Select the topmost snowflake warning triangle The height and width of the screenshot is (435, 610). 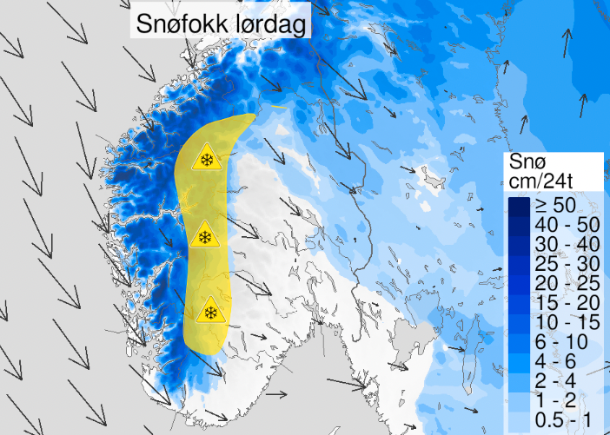click(207, 158)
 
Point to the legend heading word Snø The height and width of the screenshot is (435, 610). click(527, 161)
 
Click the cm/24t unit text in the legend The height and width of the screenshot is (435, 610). click(547, 181)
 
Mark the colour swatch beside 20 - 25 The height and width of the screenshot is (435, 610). click(520, 283)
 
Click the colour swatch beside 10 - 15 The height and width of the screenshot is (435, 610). click(520, 321)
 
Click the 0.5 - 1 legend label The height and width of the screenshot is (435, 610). click(563, 419)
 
